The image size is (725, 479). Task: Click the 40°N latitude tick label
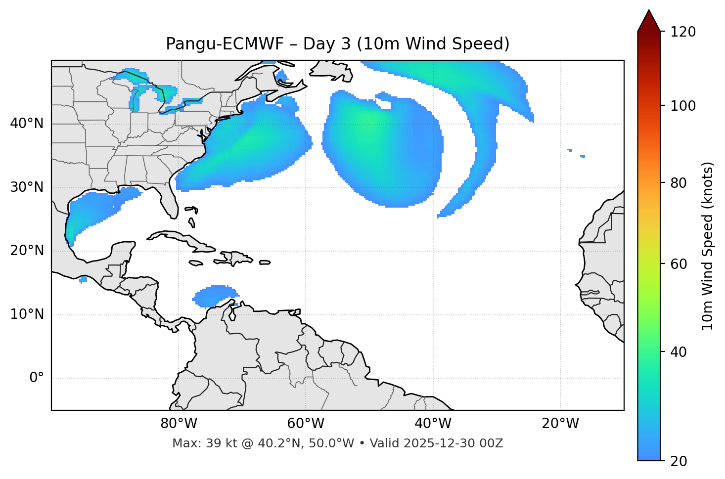tap(27, 124)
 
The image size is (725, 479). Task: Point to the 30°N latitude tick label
tap(27, 187)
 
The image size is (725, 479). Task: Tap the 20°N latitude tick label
tap(27, 251)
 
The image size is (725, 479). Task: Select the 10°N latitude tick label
tap(27, 314)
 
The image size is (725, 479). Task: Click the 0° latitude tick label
tap(37, 378)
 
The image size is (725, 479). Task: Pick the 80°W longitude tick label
tap(179, 424)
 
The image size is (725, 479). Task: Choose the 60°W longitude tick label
tap(306, 424)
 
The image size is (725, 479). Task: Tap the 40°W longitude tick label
tap(433, 424)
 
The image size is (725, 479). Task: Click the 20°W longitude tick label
tap(560, 424)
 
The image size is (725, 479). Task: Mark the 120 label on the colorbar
tap(683, 32)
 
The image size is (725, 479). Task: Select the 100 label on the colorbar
tap(683, 106)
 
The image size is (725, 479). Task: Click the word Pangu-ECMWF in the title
tap(225, 44)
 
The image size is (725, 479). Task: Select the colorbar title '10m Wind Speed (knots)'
tap(708, 246)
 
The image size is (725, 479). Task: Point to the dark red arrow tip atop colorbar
tap(649, 20)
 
